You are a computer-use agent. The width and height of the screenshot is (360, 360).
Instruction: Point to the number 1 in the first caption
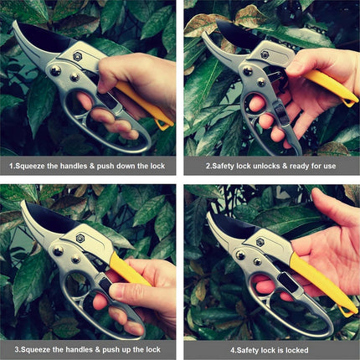pos(11,166)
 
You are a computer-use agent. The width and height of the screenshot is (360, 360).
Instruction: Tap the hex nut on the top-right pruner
pos(263,54)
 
